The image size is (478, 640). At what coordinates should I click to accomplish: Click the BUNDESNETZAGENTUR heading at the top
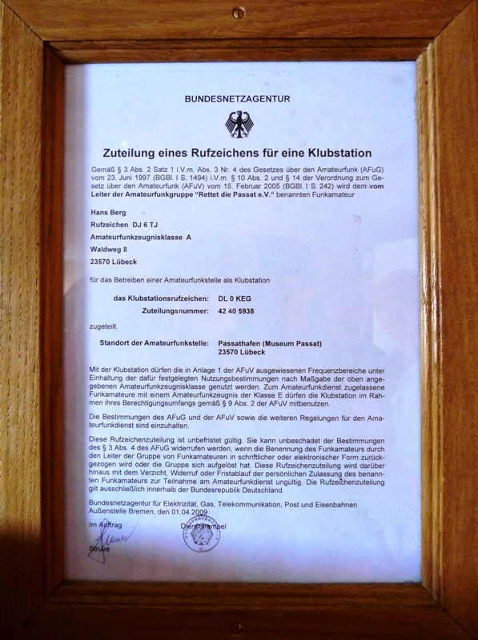click(x=238, y=99)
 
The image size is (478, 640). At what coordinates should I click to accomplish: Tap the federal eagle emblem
click(x=238, y=125)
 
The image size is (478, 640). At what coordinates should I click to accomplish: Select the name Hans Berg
click(x=108, y=213)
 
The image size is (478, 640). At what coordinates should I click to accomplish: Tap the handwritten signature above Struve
click(x=108, y=537)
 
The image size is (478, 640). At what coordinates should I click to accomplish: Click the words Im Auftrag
click(x=105, y=522)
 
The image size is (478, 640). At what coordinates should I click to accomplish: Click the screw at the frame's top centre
click(x=239, y=12)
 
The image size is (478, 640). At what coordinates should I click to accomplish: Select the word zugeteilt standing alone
click(x=104, y=327)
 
